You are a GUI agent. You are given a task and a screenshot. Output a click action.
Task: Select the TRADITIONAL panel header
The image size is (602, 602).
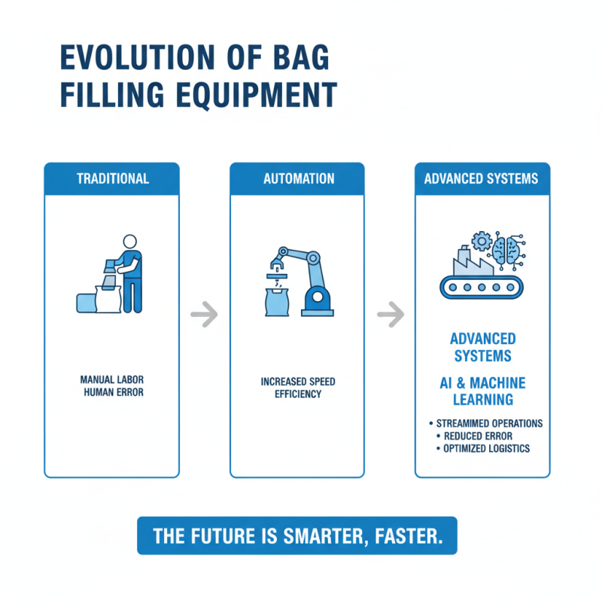click(x=112, y=179)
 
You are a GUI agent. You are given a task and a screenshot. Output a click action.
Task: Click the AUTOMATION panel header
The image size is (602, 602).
click(x=298, y=179)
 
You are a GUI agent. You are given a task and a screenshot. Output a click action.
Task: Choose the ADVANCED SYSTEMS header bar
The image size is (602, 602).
click(x=482, y=179)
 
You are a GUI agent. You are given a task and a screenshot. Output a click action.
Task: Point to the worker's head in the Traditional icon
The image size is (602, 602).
click(x=129, y=242)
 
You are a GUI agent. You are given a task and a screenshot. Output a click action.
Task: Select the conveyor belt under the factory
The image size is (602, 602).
click(x=482, y=287)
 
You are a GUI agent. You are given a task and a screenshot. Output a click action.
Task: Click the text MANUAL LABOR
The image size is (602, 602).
click(x=112, y=381)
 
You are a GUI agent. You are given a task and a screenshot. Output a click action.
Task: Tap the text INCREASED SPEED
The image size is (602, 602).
click(x=298, y=382)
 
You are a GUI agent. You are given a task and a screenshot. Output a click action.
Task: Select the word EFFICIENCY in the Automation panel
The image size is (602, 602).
click(x=298, y=394)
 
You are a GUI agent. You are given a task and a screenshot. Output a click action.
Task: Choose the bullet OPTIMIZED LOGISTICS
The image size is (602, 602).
click(x=485, y=448)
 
